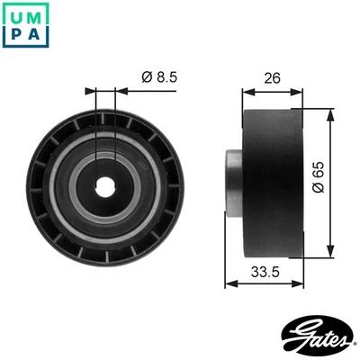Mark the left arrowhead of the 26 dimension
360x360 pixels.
coord(248,91)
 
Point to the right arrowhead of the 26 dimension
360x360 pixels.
coord(303,91)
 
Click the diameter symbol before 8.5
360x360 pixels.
coord(145,77)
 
